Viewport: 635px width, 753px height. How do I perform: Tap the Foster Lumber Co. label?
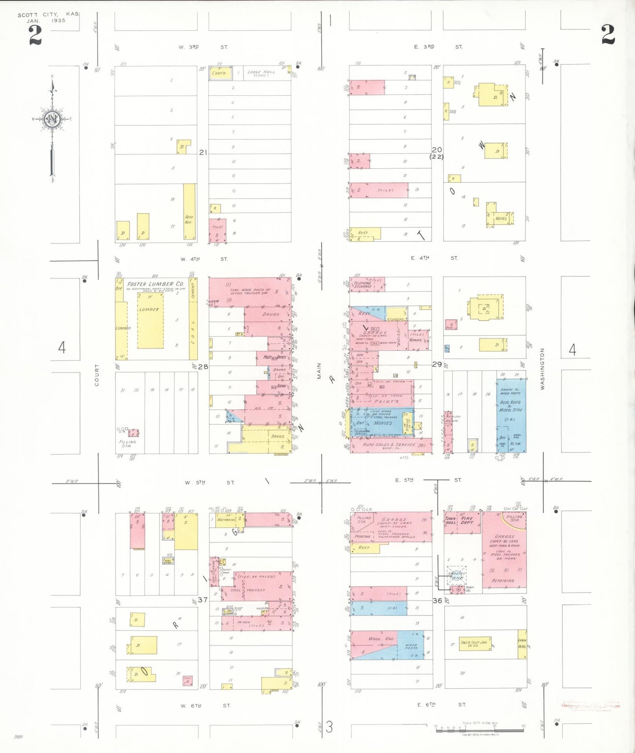[155, 284]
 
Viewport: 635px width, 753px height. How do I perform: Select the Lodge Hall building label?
[261, 72]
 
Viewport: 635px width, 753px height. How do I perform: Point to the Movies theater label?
[383, 423]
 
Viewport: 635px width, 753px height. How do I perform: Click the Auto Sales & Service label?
[389, 445]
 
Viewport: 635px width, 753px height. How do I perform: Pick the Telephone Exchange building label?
[363, 285]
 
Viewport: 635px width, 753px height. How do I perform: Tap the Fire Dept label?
[467, 520]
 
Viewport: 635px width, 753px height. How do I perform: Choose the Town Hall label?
[450, 521]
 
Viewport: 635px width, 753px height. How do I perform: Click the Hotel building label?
[501, 218]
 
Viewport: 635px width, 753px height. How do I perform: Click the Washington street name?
[542, 369]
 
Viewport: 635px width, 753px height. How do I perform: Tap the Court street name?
[97, 375]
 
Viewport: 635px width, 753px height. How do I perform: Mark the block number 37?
[202, 600]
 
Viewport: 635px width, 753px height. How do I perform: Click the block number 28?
[203, 366]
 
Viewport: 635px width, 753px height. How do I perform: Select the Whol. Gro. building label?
[381, 638]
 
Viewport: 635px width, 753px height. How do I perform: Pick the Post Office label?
[275, 357]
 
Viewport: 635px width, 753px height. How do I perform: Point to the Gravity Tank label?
[456, 576]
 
